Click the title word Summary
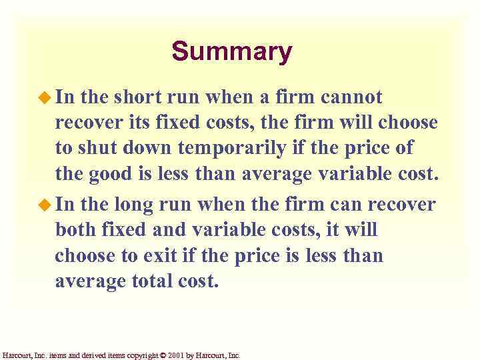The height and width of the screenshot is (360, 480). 231,51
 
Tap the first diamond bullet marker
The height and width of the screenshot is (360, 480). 45,98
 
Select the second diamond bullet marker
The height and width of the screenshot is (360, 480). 45,204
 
